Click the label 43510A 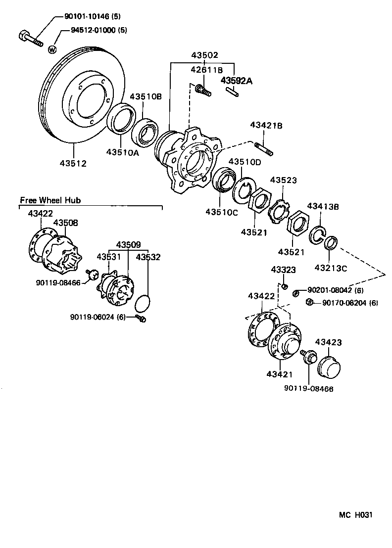point(122,153)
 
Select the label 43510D point(244,162)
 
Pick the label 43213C point(331,268)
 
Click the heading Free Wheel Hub point(50,200)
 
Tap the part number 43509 point(128,244)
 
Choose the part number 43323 point(283,270)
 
